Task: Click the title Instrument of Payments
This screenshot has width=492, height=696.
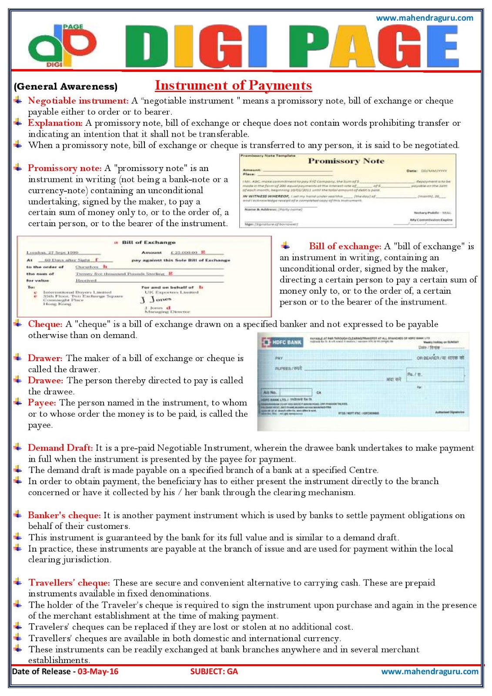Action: [233, 85]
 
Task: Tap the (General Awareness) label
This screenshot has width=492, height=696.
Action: [66, 87]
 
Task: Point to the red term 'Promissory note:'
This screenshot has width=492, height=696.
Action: [65, 168]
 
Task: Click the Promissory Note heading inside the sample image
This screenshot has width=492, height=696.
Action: [346, 161]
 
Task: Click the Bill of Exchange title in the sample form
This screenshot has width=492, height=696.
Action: [148, 242]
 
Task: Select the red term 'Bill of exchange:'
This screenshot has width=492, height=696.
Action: [345, 247]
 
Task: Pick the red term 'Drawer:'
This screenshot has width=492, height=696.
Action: [45, 358]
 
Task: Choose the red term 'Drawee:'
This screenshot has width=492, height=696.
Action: [46, 381]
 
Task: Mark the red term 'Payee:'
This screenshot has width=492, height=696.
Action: [42, 403]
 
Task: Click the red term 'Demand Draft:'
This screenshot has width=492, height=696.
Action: [60, 448]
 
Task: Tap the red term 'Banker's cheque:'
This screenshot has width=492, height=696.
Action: [64, 515]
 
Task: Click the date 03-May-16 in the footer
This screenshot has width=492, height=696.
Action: [98, 672]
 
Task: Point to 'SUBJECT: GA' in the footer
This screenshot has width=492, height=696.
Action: [214, 672]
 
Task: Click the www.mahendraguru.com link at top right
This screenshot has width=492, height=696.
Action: [424, 18]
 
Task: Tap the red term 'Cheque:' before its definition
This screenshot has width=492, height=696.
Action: [45, 325]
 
